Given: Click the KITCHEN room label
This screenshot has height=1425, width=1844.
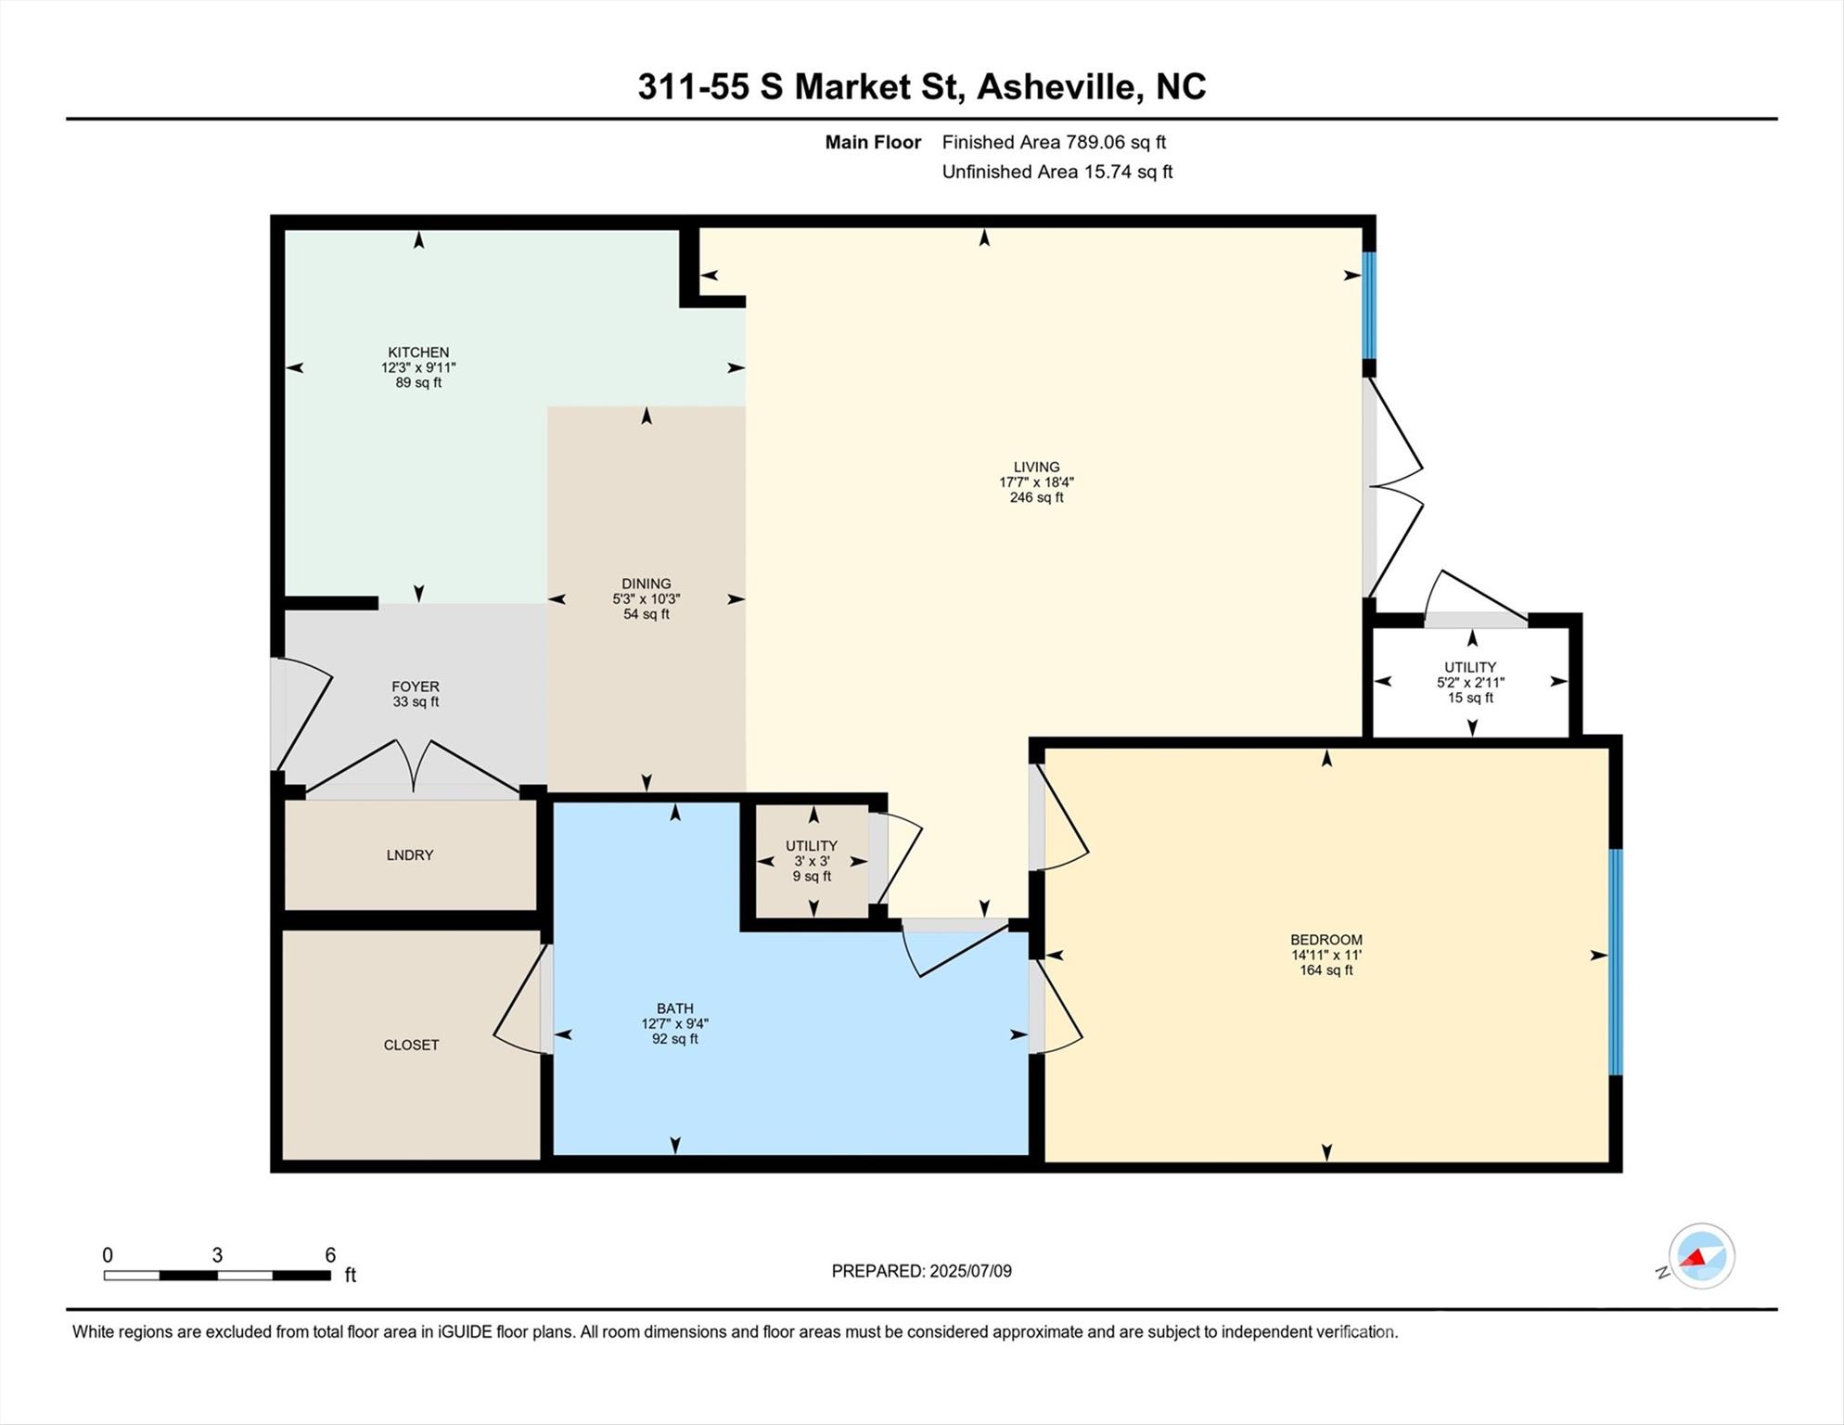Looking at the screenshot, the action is (x=418, y=353).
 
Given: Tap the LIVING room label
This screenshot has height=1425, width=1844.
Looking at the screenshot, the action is (x=1036, y=468).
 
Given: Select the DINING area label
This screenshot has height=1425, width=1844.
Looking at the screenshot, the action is (x=647, y=584).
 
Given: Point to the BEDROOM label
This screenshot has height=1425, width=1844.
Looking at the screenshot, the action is (x=1326, y=940).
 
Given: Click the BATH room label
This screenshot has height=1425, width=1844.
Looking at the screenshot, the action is (x=675, y=1008).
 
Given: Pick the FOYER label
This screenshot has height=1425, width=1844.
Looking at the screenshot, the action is (x=416, y=687).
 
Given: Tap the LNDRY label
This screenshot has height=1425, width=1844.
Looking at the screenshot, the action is (x=410, y=855).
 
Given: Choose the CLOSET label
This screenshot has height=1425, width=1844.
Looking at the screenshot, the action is (x=412, y=1045).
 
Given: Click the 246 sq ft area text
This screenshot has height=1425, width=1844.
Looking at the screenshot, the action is (x=1036, y=497).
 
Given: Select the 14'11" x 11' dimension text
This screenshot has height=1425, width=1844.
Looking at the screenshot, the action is (x=1326, y=955).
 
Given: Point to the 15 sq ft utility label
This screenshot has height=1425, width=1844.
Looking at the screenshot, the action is (x=1471, y=698).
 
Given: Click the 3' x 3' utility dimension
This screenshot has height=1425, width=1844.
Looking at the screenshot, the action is (x=812, y=861).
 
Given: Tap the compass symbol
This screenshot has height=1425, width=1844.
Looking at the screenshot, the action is (x=1702, y=1256).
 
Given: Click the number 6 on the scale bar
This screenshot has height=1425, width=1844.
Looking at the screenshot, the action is (x=330, y=1255).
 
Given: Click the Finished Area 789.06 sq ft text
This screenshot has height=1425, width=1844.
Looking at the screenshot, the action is (x=1054, y=142).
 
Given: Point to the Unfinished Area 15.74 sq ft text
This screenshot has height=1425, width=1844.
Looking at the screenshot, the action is (x=1057, y=172).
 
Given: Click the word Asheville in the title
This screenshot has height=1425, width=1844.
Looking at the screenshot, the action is (x=1056, y=87).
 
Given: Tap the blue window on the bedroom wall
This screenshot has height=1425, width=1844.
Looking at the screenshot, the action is (x=1616, y=962).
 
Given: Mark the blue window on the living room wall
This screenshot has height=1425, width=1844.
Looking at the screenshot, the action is (x=1369, y=305).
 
